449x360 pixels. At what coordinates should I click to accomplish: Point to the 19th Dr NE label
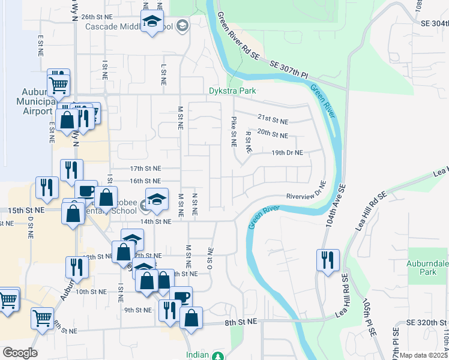pyautogui.click(x=288, y=152)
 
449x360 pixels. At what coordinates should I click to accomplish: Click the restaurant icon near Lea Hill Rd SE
pyautogui.click(x=328, y=260)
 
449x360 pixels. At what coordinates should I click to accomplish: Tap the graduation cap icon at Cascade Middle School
pyautogui.click(x=152, y=22)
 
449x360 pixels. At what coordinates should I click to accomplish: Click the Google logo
pyautogui.click(x=20, y=352)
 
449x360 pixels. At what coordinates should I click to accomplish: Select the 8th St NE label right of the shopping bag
pyautogui.click(x=241, y=322)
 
